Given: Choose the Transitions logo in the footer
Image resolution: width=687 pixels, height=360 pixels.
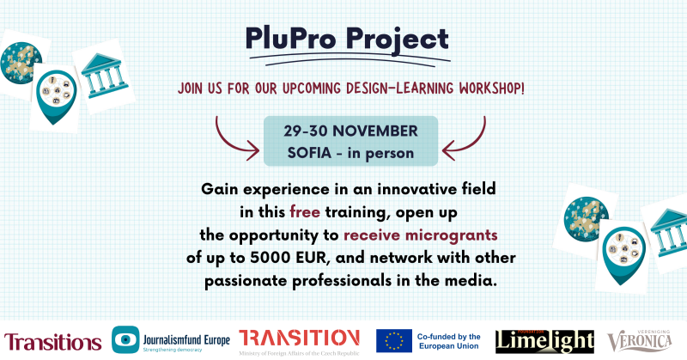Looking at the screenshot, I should click(52, 339).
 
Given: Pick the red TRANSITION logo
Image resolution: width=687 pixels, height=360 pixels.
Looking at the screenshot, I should click(298, 336).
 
